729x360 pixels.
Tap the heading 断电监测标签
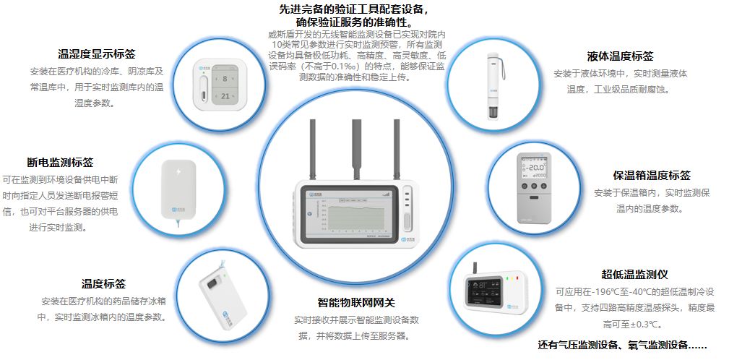[59, 163]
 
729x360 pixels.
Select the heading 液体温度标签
[620, 56]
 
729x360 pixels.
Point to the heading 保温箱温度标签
[651, 176]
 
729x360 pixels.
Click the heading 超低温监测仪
[634, 275]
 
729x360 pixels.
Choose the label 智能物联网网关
[357, 302]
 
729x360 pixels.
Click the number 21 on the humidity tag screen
[225, 95]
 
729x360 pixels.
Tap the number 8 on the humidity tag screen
[225, 77]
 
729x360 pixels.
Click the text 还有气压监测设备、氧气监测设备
[621, 344]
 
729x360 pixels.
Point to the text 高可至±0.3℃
[632, 324]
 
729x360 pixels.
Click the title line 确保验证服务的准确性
[357, 22]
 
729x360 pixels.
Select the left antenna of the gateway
[316, 151]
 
